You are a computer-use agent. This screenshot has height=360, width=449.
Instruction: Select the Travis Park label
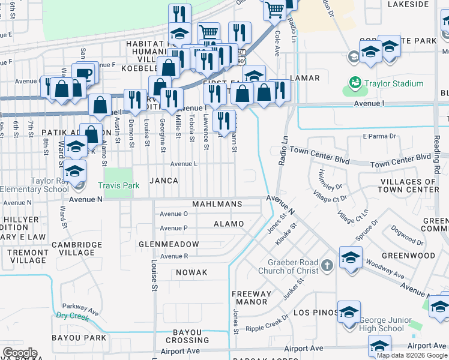click(x=119, y=186)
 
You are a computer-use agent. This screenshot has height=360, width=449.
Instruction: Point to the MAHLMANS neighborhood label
click(x=217, y=204)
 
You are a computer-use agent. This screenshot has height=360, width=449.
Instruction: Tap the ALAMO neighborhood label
click(x=229, y=224)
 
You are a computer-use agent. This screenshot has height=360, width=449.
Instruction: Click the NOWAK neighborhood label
click(x=191, y=272)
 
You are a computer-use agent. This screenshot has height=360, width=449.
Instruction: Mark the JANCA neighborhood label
click(x=164, y=181)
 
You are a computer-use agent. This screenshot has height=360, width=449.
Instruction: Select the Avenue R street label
click(x=174, y=256)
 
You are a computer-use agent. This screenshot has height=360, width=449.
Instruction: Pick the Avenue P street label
click(x=173, y=228)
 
